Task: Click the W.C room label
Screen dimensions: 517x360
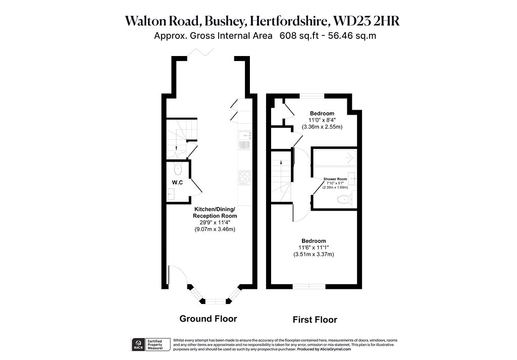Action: [177, 182]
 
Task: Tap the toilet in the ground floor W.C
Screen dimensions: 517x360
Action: [178, 169]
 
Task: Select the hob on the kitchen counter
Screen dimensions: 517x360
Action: [245, 178]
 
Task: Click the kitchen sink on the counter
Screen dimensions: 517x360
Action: [245, 140]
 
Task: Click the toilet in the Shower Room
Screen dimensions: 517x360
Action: [344, 199]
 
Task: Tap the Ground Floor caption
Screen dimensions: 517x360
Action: [208, 319]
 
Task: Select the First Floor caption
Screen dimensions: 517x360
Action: [315, 320]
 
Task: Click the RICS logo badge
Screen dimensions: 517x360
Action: [138, 344]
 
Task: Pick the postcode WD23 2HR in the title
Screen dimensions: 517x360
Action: [367, 21]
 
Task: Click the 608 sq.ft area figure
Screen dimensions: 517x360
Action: [299, 36]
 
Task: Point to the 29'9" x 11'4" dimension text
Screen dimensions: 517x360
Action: [215, 223]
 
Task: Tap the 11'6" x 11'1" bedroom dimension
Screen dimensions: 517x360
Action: [314, 247]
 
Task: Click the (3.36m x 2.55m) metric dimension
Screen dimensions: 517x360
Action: [322, 127]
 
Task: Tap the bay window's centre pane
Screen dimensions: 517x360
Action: [216, 301]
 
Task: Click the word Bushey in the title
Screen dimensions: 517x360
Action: [225, 21]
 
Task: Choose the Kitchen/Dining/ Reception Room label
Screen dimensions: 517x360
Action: [215, 213]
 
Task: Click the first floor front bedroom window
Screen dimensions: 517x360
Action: [309, 286]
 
